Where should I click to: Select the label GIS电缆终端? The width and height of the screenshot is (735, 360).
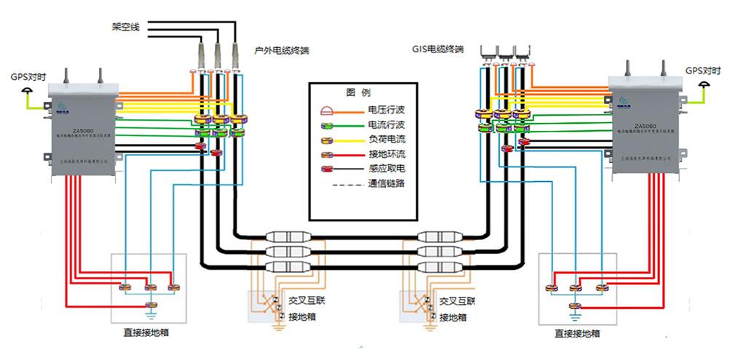click(437, 50)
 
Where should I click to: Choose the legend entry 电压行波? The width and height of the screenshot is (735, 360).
click(387, 111)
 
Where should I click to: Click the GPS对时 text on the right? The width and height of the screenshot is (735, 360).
click(703, 71)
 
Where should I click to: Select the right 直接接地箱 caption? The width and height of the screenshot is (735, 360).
click(576, 334)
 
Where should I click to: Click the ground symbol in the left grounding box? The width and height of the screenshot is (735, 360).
click(151, 314)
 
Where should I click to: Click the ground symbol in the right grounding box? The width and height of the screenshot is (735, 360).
click(575, 316)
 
